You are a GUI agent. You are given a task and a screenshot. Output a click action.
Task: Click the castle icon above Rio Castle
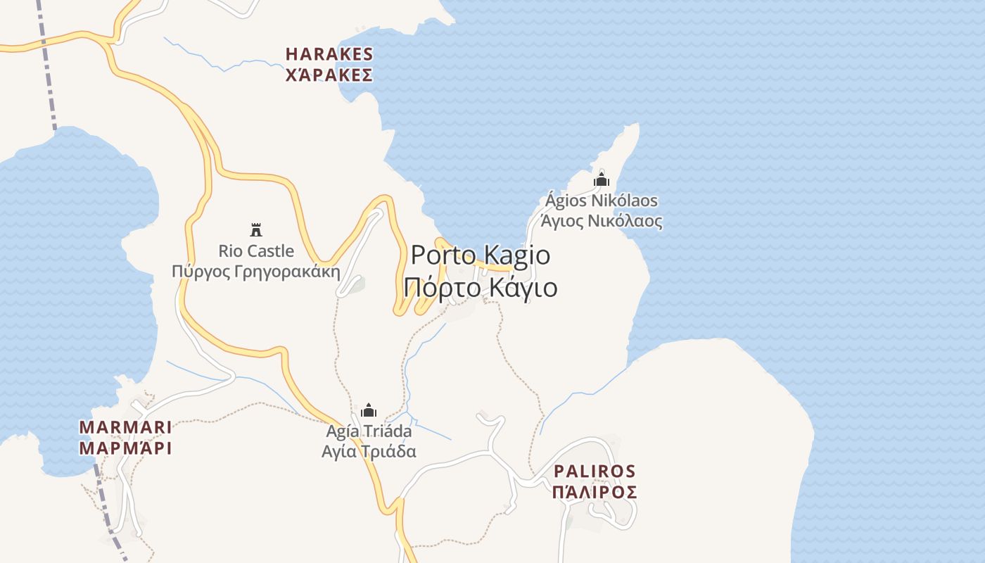256,229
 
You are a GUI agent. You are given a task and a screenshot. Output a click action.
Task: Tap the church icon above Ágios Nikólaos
601,179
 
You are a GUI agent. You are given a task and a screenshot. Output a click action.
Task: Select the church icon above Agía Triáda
369,410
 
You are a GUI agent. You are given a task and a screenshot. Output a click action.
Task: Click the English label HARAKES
329,54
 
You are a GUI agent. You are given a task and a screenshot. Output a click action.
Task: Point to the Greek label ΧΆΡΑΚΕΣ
329,75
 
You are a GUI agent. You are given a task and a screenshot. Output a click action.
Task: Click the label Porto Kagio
481,255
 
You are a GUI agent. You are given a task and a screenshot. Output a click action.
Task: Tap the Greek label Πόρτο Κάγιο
481,288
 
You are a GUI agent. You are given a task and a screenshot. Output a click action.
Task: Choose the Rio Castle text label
256,251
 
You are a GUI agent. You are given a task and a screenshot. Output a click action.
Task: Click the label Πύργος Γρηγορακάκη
256,272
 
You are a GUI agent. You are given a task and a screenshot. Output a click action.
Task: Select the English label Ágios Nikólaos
602,201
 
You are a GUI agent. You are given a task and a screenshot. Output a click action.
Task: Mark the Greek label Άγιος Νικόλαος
602,221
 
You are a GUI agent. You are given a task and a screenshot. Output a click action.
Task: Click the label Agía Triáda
369,431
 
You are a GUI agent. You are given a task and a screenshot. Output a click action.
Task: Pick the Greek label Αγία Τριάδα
369,451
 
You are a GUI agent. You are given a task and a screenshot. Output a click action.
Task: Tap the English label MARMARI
125,427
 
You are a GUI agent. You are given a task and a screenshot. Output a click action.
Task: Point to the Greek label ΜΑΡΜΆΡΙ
125,448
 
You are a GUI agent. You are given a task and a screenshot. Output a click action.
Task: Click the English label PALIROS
595,471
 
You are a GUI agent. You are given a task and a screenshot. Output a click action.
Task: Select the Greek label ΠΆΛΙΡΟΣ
595,492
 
